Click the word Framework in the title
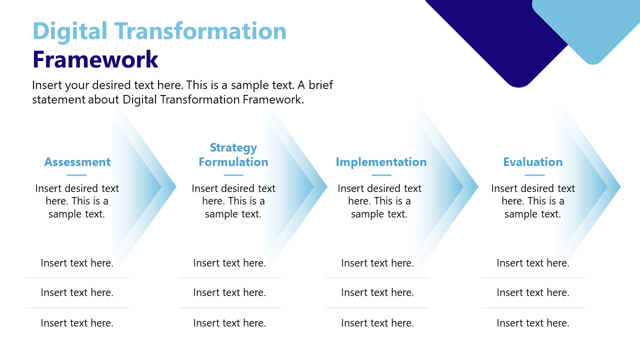[95, 59]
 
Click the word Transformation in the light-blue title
[199, 31]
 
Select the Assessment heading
[77, 162]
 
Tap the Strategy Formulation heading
[233, 155]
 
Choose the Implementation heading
[381, 162]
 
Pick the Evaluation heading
[532, 162]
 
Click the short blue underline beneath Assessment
[76, 175]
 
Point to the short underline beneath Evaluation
[534, 175]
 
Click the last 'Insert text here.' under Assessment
[77, 323]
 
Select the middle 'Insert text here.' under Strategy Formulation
[229, 292]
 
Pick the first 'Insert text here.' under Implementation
[377, 263]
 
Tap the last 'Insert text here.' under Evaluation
[533, 323]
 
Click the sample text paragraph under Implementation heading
[379, 201]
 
